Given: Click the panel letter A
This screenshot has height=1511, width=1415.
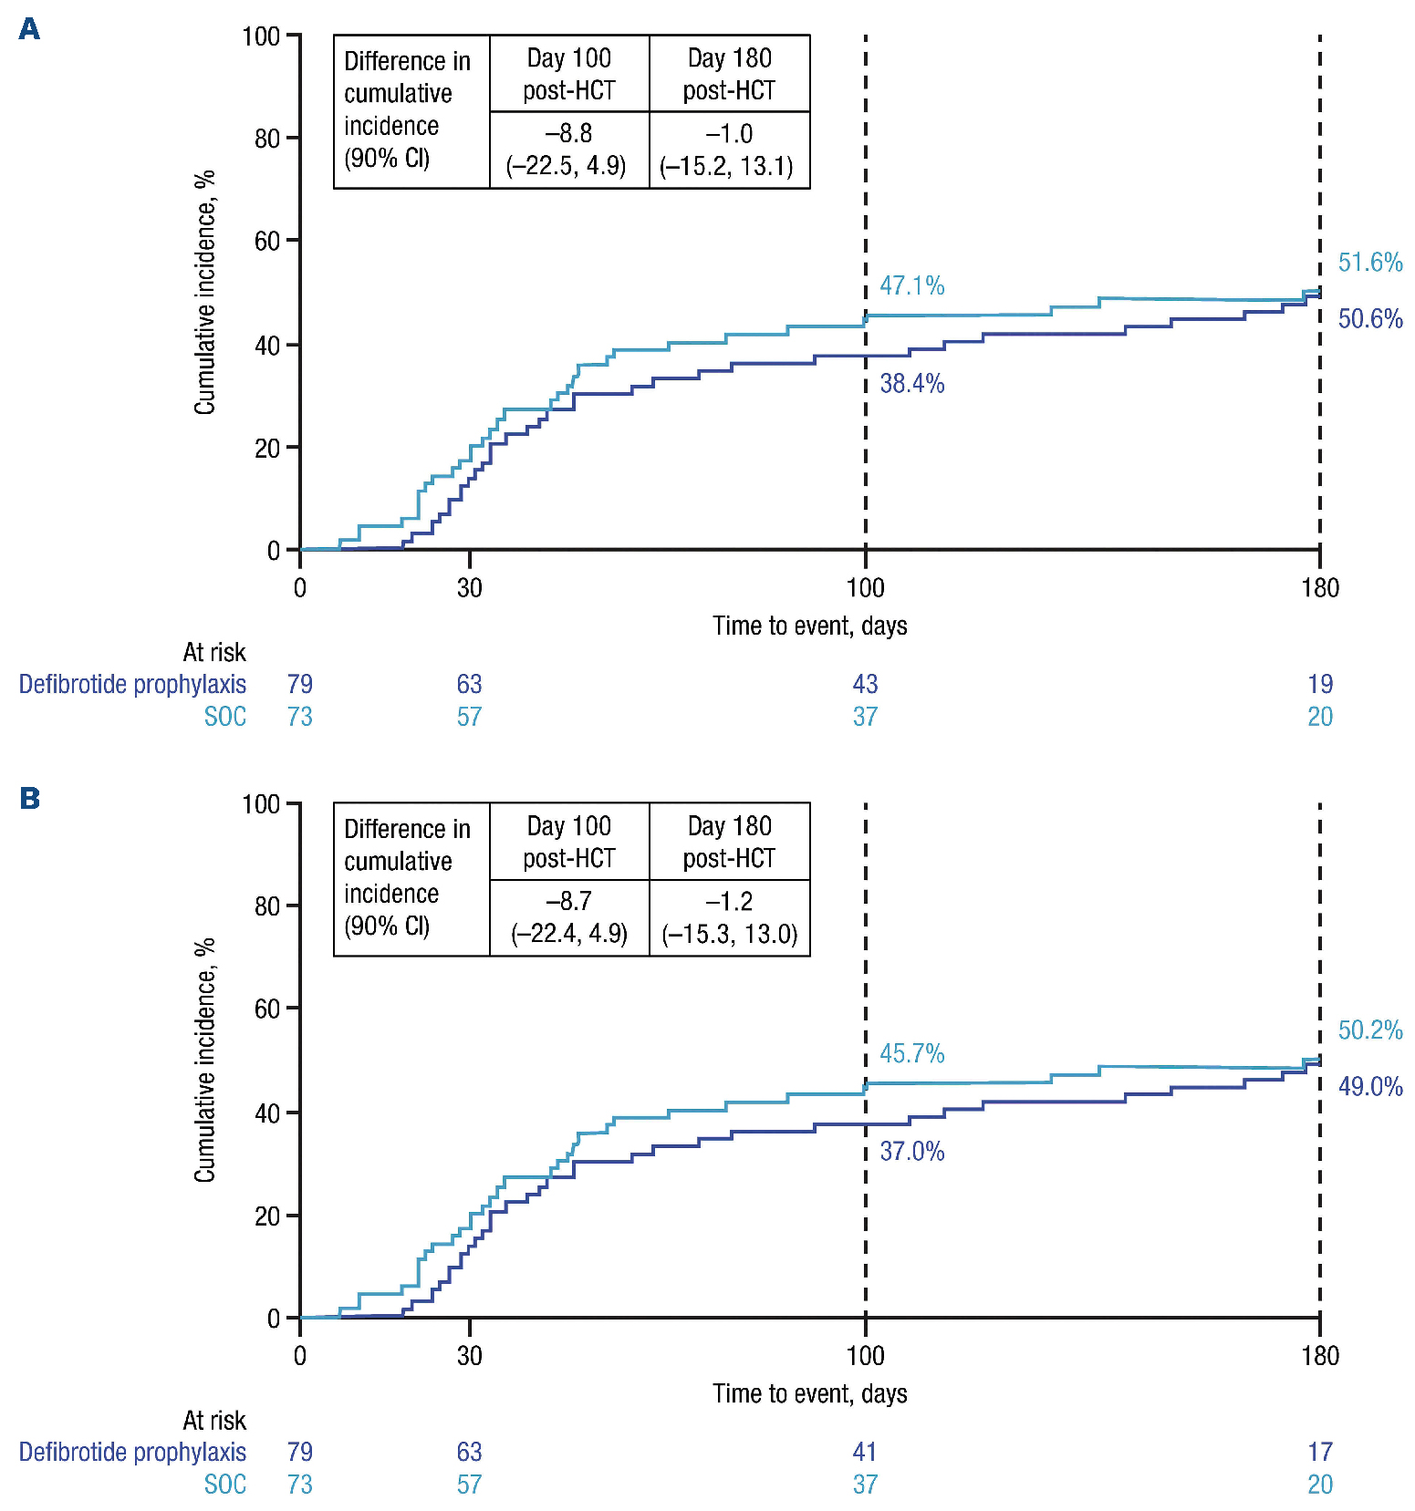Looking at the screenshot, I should (29, 30).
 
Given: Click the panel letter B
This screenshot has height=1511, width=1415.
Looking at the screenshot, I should (29, 799).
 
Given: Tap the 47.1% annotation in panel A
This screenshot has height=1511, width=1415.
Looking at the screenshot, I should (911, 286).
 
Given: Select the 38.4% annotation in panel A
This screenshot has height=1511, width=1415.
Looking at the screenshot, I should (911, 384).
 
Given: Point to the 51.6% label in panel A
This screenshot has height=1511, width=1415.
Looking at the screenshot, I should (1369, 263).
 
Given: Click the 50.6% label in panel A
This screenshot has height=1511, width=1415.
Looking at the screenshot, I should (1369, 319).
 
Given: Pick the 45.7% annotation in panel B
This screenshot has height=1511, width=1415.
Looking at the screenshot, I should (911, 1054).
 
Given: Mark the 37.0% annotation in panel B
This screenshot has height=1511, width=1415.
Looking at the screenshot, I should (911, 1152).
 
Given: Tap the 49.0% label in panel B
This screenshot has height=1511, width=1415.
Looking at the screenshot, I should (1369, 1087).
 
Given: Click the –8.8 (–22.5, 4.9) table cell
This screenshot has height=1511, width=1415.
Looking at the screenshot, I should (568, 150).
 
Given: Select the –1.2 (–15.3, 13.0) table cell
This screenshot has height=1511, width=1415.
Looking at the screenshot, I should (729, 918).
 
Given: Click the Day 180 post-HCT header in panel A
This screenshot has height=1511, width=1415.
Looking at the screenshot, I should (729, 74).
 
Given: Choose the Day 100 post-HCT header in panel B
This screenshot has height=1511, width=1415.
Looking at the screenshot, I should (568, 842).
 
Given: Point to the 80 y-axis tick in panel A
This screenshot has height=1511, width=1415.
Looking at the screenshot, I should (267, 139).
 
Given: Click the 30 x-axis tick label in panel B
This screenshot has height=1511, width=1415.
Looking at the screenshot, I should (469, 1356).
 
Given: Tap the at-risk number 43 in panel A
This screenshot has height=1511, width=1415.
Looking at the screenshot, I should (865, 684).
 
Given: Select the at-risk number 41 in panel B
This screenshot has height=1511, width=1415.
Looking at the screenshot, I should (865, 1452).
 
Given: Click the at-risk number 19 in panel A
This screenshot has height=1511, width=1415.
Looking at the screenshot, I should (1319, 684).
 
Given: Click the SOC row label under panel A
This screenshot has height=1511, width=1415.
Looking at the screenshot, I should (225, 717).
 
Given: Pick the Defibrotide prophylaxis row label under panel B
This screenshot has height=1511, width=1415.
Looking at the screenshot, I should (132, 1452).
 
